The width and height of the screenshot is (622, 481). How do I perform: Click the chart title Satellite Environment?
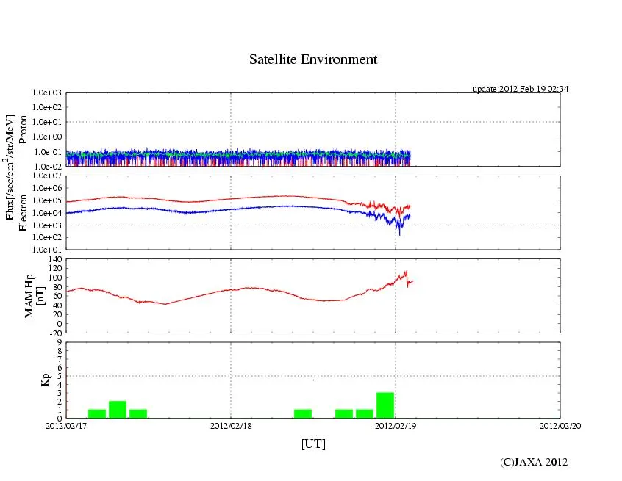[312, 59]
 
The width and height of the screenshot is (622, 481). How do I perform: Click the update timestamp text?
[520, 89]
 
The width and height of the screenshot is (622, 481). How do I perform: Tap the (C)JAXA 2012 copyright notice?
[533, 461]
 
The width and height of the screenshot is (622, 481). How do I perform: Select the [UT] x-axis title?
[312, 444]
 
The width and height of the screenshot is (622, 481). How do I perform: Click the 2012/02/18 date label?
[231, 425]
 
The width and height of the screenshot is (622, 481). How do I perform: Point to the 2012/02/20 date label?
[560, 425]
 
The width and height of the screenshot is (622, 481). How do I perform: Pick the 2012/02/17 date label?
[67, 425]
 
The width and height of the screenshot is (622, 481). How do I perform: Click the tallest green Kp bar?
[385, 405]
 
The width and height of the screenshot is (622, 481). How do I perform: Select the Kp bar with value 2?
[118, 410]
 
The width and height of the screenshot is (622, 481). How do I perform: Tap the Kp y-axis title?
[46, 380]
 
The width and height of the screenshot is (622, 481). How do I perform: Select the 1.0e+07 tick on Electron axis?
[47, 176]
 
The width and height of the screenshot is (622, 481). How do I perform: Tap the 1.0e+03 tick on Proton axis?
[47, 93]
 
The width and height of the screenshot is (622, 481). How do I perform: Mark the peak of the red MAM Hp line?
[405, 272]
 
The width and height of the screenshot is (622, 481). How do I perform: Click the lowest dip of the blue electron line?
[399, 234]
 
